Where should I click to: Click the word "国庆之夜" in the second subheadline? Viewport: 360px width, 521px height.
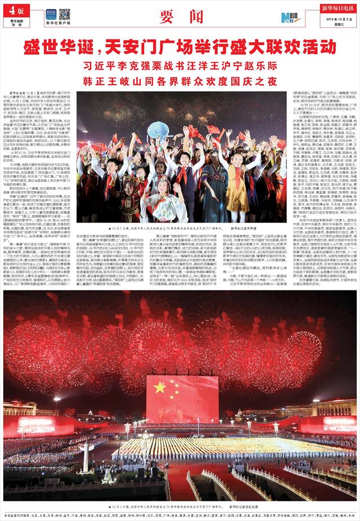point(249,80)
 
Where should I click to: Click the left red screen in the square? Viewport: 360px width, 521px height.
point(37,425)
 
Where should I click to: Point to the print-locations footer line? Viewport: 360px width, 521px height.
point(180,515)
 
